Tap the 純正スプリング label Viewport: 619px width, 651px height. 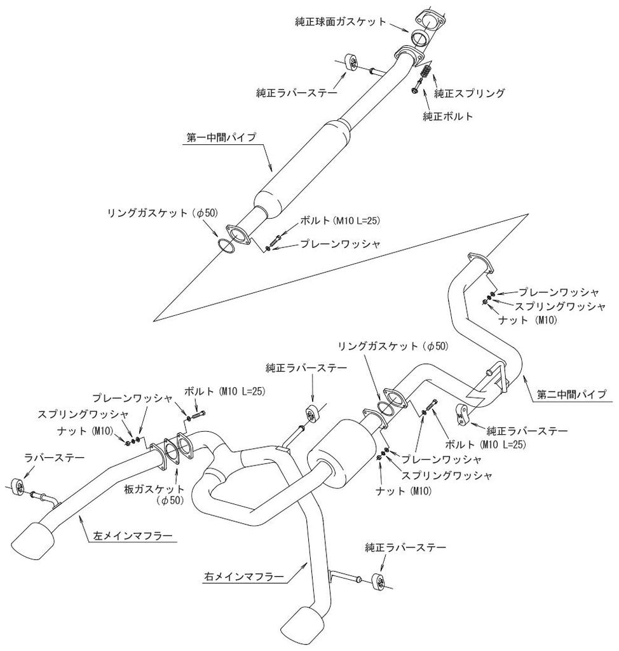click(x=470, y=93)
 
